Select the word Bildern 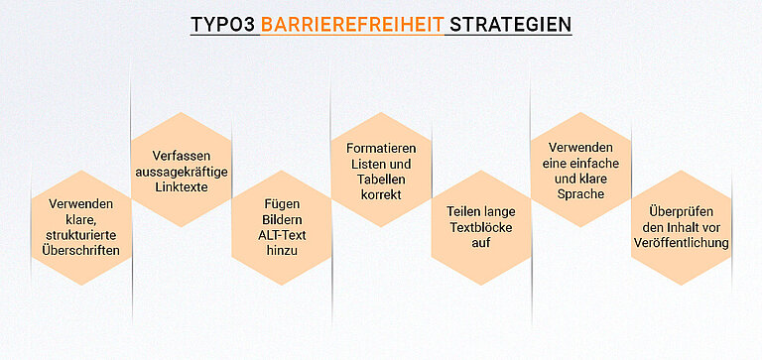click(282, 220)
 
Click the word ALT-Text click(282, 236)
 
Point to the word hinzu click(282, 252)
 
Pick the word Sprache click(581, 195)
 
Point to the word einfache click(596, 164)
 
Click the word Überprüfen click(682, 211)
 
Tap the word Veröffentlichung click(682, 243)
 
